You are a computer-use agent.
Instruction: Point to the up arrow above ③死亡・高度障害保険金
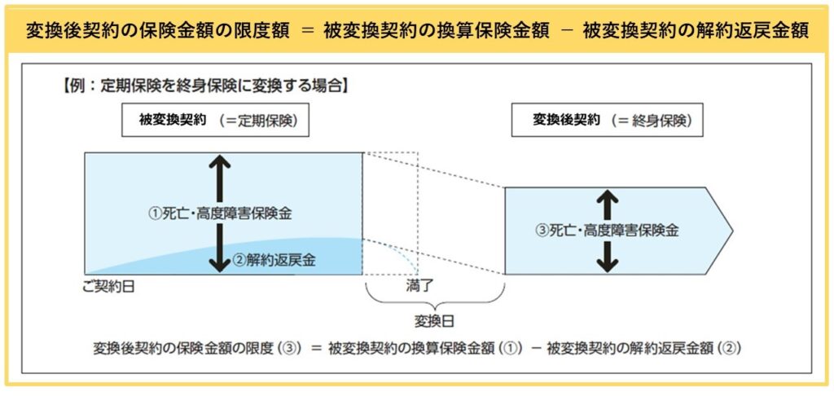606,198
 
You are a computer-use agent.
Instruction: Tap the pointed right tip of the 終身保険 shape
731,231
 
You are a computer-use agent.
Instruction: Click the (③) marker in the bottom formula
289,348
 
